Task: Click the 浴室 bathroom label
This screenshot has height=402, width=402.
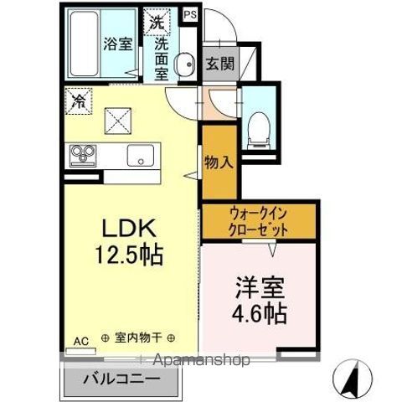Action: coord(118,44)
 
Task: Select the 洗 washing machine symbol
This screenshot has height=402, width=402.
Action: coord(157,23)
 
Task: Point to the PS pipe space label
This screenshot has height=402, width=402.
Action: coord(190,15)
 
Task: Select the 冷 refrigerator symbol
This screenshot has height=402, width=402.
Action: coord(77,102)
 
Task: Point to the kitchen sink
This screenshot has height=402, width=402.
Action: coord(140,156)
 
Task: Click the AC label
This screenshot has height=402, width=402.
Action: coord(80,341)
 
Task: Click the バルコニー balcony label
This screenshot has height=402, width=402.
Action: coord(121,379)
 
